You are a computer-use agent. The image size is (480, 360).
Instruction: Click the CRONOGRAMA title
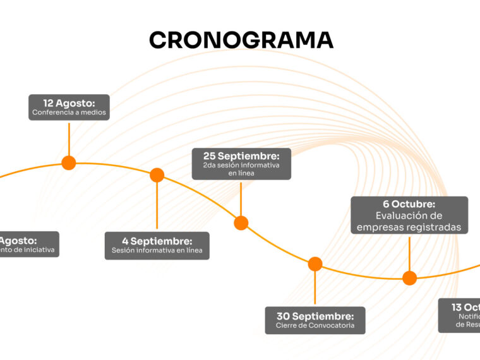241,40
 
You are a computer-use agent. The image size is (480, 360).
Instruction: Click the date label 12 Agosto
69,102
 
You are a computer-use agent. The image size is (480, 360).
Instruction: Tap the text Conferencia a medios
69,113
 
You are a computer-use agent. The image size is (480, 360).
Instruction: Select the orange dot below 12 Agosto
69,163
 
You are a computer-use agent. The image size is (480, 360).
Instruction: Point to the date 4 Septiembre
157,241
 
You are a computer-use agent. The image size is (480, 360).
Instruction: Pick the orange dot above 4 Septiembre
157,175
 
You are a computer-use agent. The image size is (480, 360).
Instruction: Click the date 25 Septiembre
241,155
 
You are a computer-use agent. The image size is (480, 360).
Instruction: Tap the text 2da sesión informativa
241,165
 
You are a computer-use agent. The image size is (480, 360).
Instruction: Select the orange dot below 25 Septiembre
241,223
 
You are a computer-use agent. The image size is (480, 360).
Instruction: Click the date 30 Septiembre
315,316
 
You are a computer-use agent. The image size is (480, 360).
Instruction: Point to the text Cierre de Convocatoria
315,326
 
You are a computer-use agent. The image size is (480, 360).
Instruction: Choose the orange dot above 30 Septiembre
315,264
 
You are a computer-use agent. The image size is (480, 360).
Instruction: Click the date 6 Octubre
409,204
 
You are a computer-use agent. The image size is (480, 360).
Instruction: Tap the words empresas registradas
409,227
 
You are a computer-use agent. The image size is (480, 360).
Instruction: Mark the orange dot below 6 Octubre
410,278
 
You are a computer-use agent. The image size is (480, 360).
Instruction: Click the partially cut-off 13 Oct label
465,308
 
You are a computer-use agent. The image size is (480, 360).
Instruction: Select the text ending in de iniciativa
28,250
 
